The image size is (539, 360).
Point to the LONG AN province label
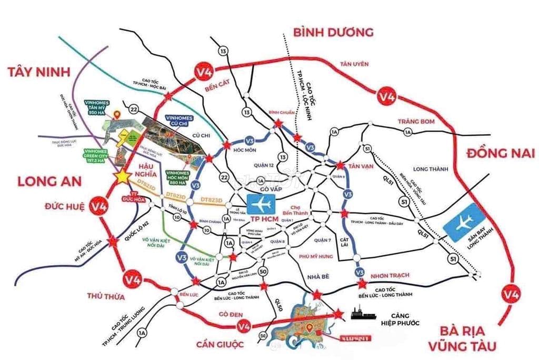(49, 182)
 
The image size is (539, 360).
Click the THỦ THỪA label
(106, 296)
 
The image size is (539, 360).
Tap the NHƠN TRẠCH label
(390, 275)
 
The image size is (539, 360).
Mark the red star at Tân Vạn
(341, 165)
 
